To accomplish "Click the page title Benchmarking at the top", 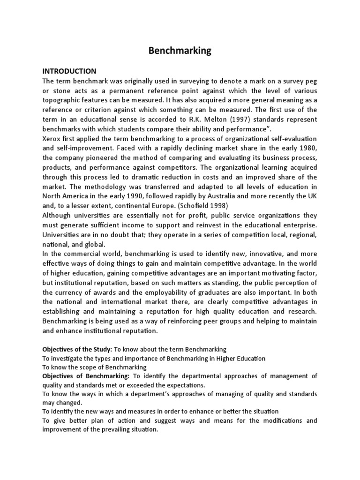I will [180, 50].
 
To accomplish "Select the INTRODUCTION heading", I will [69, 71].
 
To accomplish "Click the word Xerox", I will [51, 139].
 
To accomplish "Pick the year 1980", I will [309, 149].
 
